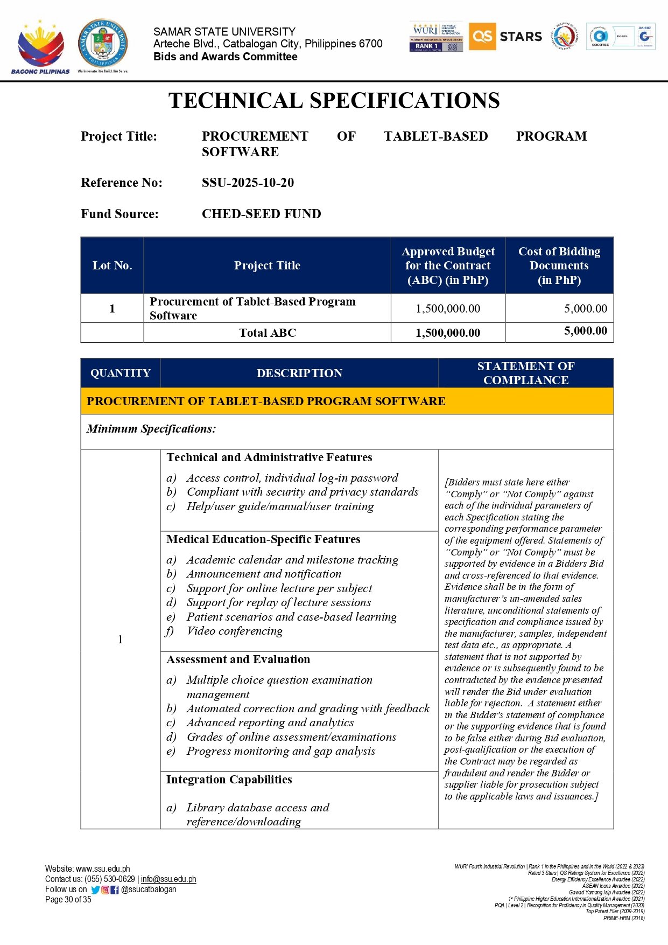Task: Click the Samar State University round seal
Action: tap(103, 43)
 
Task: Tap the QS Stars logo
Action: tap(505, 37)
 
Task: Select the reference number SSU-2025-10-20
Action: tap(248, 183)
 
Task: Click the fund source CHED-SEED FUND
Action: tap(261, 214)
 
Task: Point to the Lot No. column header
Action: tap(112, 266)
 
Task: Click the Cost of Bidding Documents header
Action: tap(559, 266)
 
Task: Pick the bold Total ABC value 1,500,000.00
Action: tap(447, 333)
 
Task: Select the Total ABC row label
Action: tap(268, 333)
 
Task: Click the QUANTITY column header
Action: tap(120, 373)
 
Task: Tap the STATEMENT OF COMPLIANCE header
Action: tap(525, 373)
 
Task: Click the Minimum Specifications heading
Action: tap(151, 429)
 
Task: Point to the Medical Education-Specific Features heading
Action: tap(263, 539)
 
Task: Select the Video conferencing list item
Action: tap(234, 631)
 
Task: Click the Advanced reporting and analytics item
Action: tap(270, 722)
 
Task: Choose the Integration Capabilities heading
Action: tap(229, 780)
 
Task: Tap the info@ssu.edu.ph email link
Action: tap(168, 879)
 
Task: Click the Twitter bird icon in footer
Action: tap(95, 890)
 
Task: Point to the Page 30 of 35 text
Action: tap(68, 899)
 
